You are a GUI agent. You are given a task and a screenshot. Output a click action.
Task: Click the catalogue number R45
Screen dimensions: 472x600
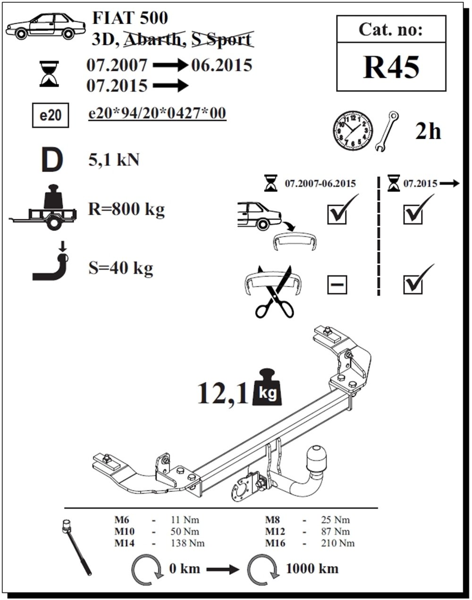(x=391, y=67)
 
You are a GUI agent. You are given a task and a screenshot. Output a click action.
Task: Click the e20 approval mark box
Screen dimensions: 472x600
(x=51, y=116)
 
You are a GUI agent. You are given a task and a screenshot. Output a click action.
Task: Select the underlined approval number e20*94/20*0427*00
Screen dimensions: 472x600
(x=157, y=113)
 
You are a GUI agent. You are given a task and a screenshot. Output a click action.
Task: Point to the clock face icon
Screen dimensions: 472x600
(x=353, y=131)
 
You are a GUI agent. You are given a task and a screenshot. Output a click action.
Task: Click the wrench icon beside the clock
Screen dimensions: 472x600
(x=387, y=132)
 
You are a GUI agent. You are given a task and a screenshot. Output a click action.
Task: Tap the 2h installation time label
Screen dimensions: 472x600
(x=428, y=131)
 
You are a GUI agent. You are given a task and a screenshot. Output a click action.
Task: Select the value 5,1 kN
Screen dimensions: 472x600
(x=114, y=161)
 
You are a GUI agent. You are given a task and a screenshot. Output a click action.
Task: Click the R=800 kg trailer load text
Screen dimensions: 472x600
(x=126, y=209)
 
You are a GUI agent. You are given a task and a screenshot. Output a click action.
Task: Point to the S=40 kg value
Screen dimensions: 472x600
(x=121, y=268)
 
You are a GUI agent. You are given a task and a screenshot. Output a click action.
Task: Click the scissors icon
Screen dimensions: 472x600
(x=275, y=293)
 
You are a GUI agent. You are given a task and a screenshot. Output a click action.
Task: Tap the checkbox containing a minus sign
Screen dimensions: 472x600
(x=337, y=285)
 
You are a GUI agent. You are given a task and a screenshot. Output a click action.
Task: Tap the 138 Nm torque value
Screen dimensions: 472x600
(x=187, y=543)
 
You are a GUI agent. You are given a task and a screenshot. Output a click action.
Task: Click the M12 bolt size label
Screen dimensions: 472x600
(x=275, y=532)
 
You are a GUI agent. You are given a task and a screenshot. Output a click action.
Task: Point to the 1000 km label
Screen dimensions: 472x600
(x=312, y=568)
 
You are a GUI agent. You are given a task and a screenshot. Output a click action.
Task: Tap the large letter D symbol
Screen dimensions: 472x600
(x=52, y=160)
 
